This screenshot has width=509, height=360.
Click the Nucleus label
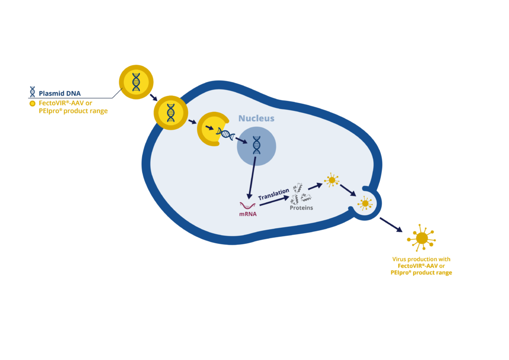point(256,118)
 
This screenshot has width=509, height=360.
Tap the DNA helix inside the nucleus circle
point(256,145)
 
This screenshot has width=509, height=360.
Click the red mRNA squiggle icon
point(248,204)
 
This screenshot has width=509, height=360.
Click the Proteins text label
point(301,208)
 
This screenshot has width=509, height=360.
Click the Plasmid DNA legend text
point(60,93)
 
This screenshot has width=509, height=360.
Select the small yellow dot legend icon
point(32,103)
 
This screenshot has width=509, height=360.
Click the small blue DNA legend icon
point(32,92)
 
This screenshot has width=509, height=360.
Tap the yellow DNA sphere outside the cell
point(136,82)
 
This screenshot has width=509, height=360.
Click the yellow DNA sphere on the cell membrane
point(170,112)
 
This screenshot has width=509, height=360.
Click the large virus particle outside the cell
point(422,238)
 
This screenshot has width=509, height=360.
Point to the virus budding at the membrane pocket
point(365,203)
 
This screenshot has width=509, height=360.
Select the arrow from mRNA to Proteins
point(274,201)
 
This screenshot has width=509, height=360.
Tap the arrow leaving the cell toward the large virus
point(391,225)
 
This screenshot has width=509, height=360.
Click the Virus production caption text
point(421,266)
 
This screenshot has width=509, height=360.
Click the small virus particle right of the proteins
point(331,180)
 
